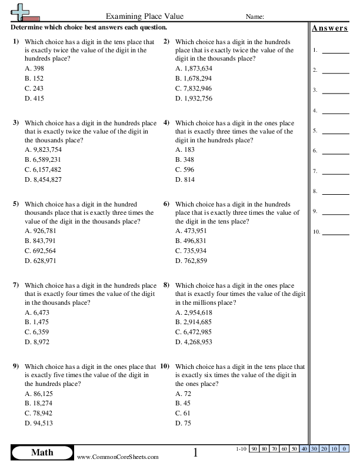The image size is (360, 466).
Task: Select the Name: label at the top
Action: (254, 16)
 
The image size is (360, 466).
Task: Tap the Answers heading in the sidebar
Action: (329, 28)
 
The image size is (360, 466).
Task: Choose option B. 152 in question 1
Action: (35, 78)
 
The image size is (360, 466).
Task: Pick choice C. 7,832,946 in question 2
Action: (194, 88)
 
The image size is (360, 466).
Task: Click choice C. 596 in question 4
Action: (185, 169)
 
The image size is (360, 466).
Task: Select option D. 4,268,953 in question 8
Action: (194, 342)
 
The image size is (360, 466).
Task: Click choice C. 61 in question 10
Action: (184, 413)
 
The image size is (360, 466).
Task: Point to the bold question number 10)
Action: (165, 366)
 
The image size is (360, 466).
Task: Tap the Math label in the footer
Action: (42, 452)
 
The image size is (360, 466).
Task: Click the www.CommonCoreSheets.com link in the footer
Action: (118, 457)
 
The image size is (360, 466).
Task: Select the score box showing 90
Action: (255, 450)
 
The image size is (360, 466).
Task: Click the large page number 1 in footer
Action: (196, 452)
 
